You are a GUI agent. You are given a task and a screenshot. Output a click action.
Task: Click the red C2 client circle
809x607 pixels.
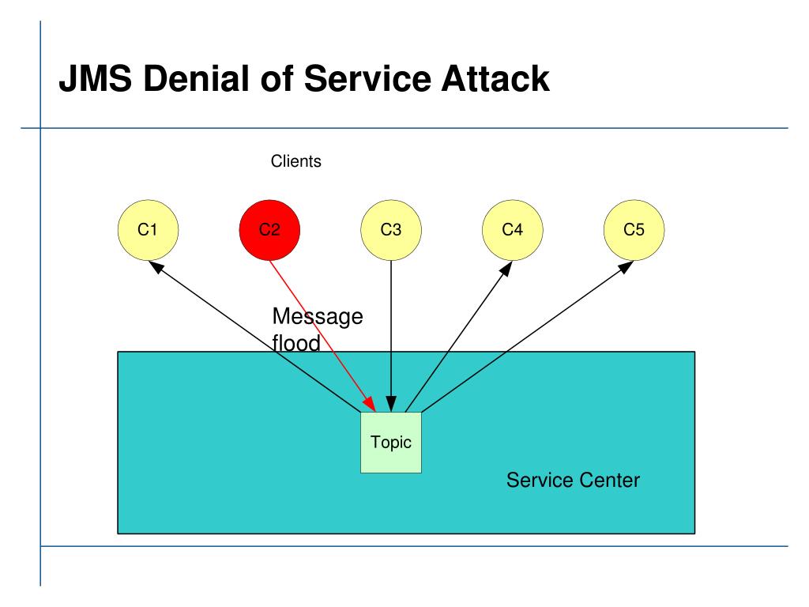[269, 230]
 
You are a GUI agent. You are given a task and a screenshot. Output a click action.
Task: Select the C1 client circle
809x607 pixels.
[148, 230]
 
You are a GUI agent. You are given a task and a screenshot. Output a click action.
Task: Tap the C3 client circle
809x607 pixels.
[391, 230]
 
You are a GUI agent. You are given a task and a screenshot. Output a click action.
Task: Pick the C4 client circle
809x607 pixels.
[512, 230]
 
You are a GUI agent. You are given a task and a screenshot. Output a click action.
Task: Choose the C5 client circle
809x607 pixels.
[634, 230]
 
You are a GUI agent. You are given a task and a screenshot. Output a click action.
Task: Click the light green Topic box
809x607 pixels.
[391, 443]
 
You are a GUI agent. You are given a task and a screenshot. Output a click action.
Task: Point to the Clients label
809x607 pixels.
[296, 161]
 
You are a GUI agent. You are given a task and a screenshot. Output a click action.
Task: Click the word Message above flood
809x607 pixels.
[318, 317]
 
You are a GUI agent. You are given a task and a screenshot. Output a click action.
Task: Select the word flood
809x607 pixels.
[296, 343]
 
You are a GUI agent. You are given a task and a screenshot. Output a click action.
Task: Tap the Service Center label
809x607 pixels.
[573, 480]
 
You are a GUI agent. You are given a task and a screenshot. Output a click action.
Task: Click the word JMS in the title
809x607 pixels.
[96, 78]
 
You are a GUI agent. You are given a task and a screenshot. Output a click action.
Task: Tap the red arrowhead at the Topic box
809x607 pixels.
[370, 404]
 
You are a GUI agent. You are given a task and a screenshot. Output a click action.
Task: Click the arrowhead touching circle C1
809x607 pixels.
[156, 267]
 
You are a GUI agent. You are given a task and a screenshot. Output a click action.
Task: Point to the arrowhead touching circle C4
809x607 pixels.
[506, 269]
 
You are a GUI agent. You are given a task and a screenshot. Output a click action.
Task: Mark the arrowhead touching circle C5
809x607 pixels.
[626, 267]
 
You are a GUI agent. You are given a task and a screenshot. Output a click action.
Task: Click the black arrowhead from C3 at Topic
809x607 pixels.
[391, 404]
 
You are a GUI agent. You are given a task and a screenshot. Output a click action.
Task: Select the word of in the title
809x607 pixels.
[277, 78]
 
